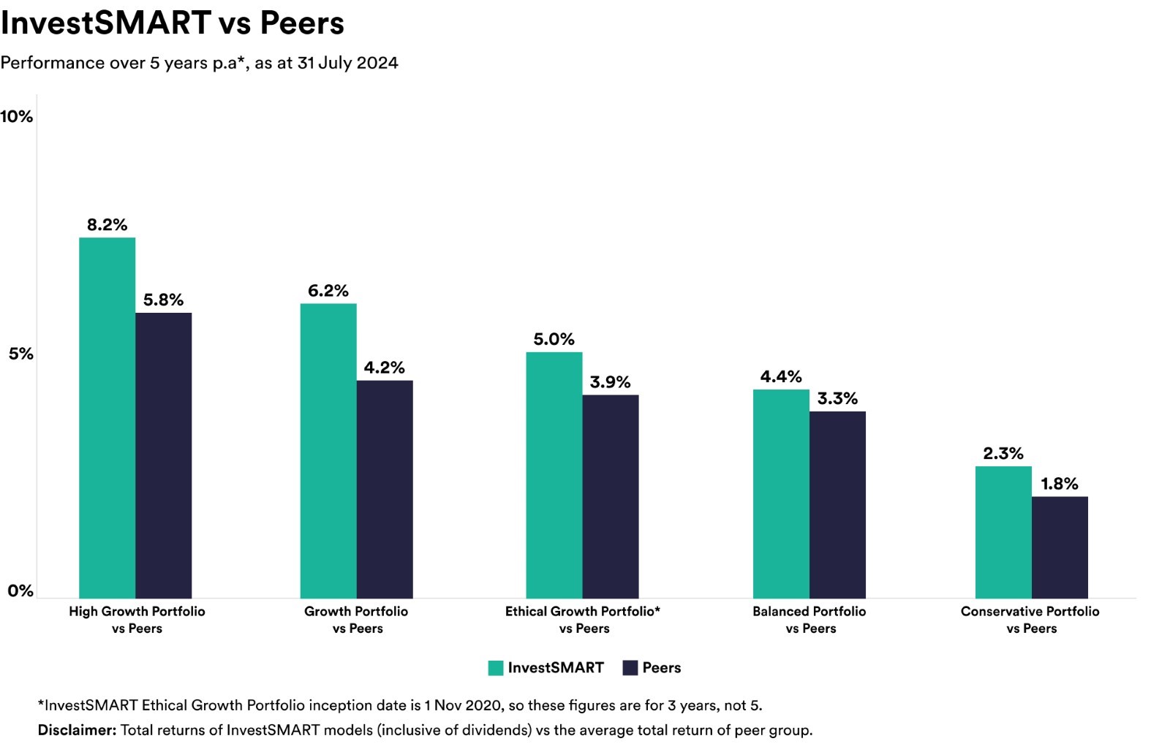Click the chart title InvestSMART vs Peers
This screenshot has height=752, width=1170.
(x=173, y=23)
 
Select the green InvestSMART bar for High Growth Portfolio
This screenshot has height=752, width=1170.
(x=107, y=418)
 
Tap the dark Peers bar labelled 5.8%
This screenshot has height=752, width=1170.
(x=164, y=455)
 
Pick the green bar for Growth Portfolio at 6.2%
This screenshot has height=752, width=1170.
(x=328, y=451)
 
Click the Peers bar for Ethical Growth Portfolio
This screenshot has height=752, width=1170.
(x=611, y=496)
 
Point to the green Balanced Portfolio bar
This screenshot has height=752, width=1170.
(x=782, y=494)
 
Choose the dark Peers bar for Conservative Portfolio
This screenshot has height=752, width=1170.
(x=1060, y=547)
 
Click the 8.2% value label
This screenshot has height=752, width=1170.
(x=107, y=225)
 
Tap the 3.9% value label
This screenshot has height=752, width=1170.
(x=610, y=382)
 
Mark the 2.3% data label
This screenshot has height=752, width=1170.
(x=1003, y=454)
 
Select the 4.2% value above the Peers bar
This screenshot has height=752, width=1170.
(x=385, y=368)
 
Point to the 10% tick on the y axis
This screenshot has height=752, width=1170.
(x=17, y=116)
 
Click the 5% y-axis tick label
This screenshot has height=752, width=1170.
(x=21, y=354)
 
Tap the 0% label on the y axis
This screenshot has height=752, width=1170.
(x=20, y=590)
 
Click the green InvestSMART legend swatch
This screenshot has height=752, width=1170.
(x=496, y=668)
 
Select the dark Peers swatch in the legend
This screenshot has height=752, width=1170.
(x=630, y=668)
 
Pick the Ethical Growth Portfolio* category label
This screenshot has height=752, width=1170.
(x=583, y=611)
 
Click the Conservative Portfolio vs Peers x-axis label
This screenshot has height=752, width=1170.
(x=1030, y=620)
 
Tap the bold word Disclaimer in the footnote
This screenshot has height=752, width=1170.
(x=77, y=730)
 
